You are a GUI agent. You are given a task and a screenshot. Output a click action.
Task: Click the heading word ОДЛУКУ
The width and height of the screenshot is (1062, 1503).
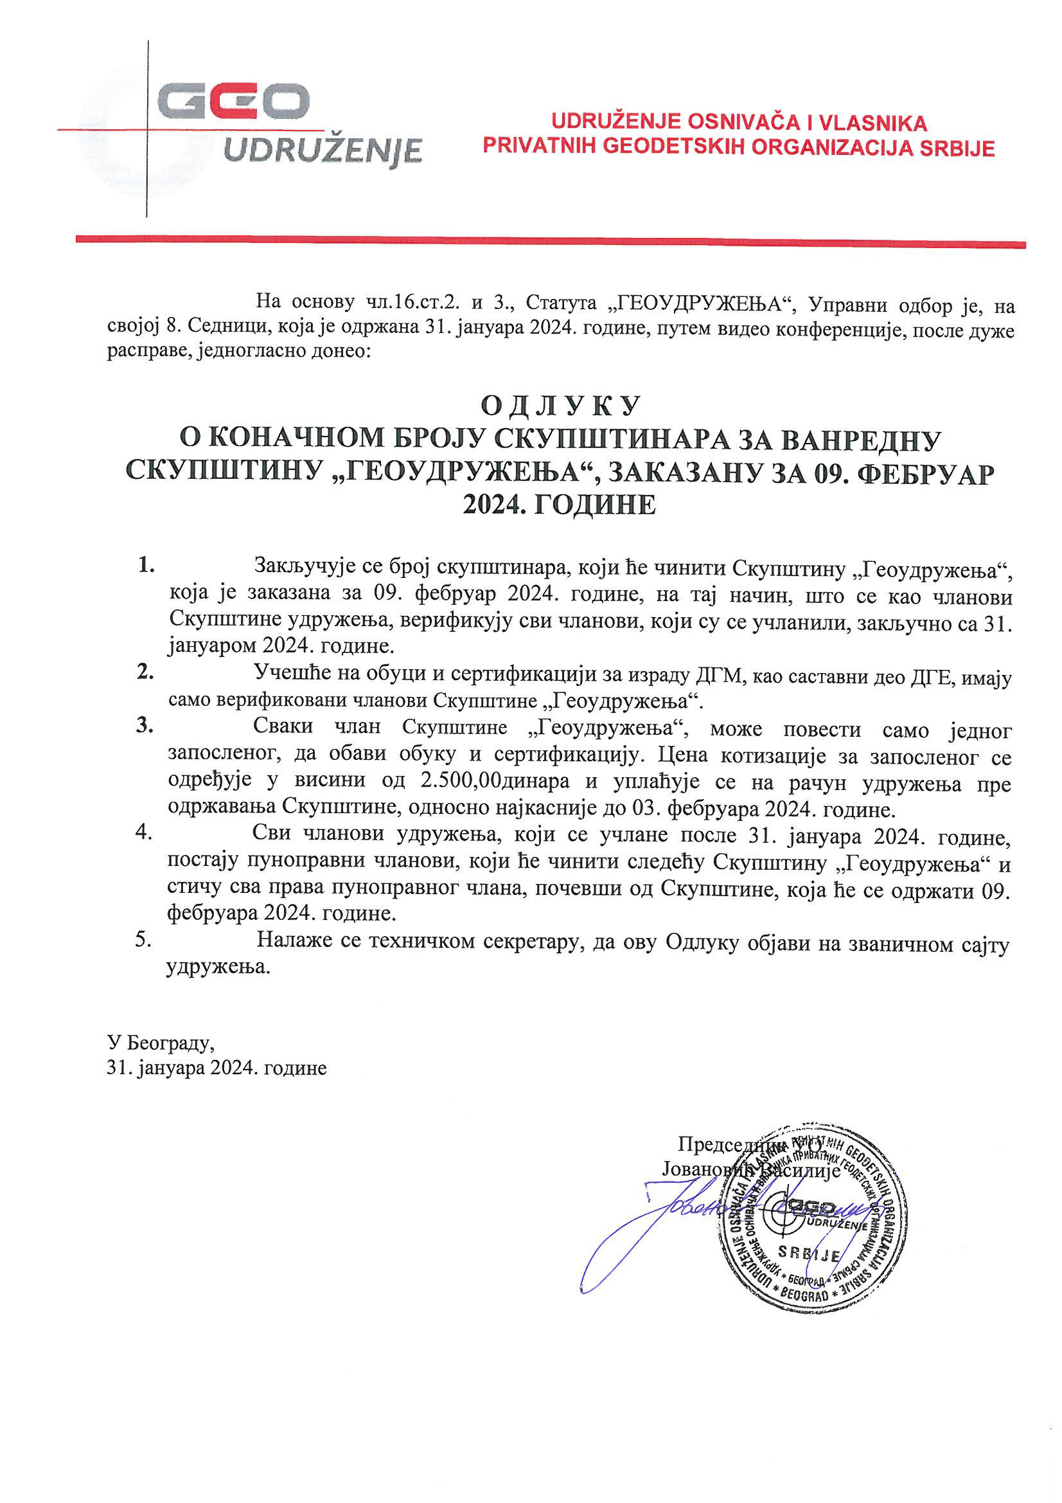coord(560,406)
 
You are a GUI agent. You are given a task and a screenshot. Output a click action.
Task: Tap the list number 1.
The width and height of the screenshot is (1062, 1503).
coord(146,566)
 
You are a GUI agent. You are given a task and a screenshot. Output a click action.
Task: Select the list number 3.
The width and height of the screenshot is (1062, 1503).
coord(145,726)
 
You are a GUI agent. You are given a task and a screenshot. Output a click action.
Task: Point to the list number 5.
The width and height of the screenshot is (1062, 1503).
coord(143,940)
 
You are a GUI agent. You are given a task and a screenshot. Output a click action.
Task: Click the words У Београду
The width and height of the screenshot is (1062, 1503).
coord(161,1042)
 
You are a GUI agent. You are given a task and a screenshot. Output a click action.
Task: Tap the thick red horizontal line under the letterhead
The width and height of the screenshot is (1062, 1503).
coord(550,241)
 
